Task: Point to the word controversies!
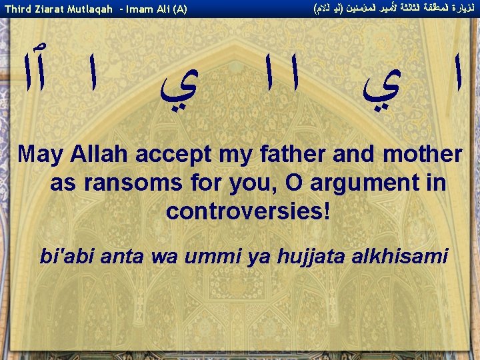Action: click(248, 211)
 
